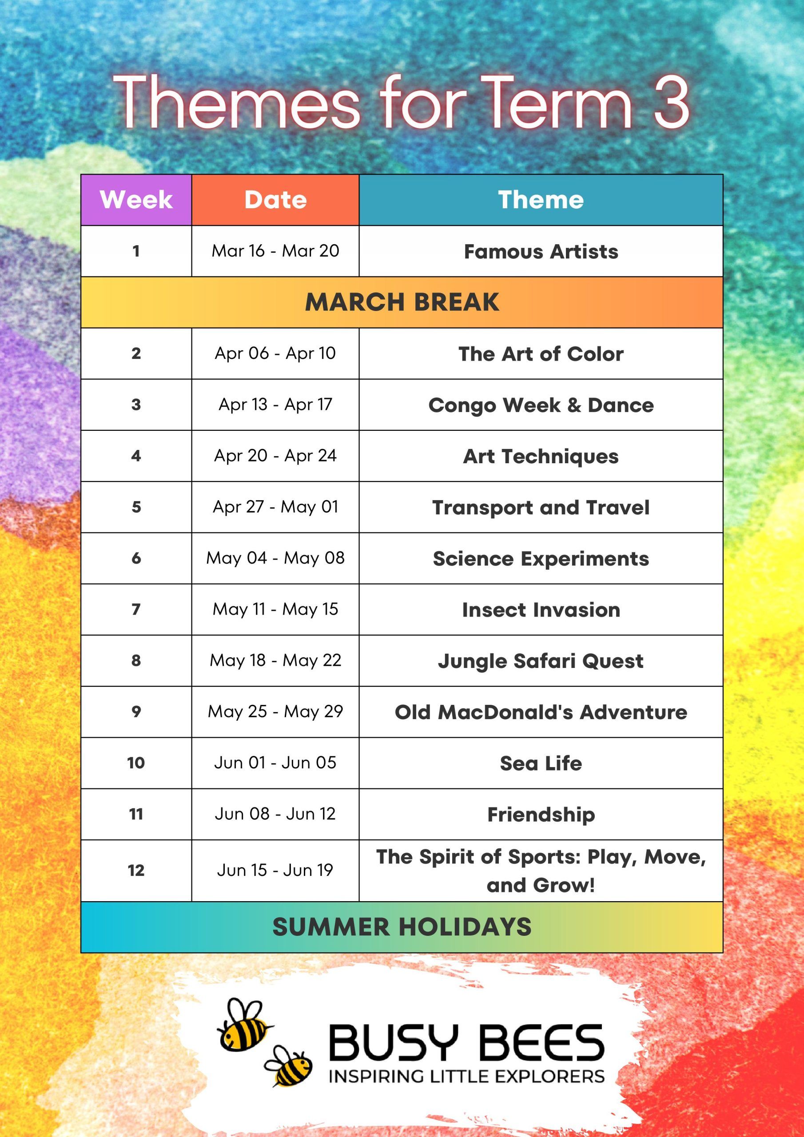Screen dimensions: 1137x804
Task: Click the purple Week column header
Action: [136, 200]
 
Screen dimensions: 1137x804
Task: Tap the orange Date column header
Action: [275, 200]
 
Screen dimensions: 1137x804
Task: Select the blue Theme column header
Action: [541, 200]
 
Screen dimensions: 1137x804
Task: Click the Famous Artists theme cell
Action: [541, 251]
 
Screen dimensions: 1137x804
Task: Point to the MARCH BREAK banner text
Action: [402, 302]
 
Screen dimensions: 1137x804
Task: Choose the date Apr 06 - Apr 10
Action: [275, 354]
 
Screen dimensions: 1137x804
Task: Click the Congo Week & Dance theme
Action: [541, 405]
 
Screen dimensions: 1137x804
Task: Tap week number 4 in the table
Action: [136, 456]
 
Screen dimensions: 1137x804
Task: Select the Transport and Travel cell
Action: [541, 508]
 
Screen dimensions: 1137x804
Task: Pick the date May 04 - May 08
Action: [275, 559]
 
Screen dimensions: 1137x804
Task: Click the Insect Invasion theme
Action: [541, 610]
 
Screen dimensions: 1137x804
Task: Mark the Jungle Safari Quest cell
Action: [541, 661]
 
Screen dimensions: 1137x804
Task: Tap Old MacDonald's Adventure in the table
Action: [541, 712]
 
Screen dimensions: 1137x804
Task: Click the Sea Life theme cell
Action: [541, 763]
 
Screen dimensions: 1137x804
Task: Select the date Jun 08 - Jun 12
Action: [275, 814]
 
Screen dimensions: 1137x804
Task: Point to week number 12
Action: [136, 870]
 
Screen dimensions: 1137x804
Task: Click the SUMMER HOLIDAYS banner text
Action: [402, 927]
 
